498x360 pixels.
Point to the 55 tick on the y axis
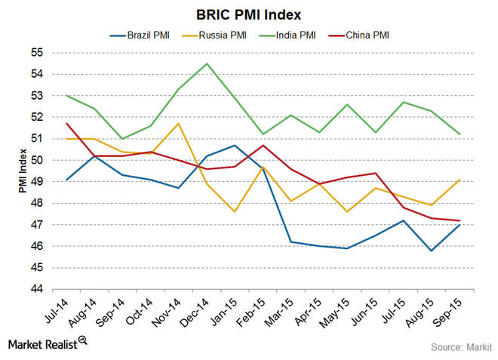click(37, 53)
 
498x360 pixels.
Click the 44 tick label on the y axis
click(37, 290)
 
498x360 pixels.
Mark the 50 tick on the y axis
click(37, 161)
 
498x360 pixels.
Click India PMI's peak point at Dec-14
click(207, 63)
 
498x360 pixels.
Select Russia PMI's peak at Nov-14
click(178, 123)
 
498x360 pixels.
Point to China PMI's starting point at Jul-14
click(66, 123)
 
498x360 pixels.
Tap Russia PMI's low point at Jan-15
click(235, 212)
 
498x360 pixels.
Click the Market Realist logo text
click(42, 343)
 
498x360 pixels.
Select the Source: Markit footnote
click(461, 346)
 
